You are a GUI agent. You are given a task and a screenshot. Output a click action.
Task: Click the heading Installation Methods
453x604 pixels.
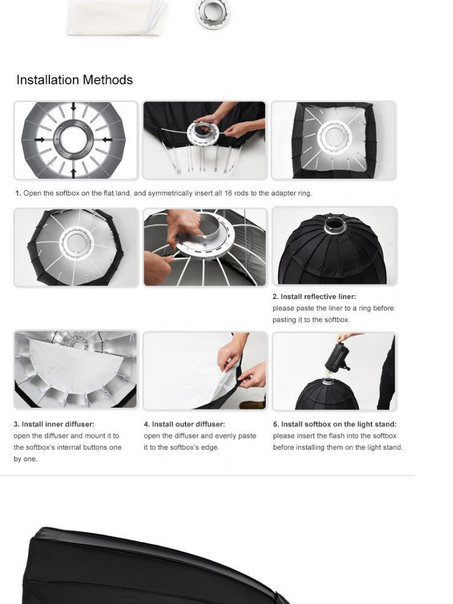point(74,80)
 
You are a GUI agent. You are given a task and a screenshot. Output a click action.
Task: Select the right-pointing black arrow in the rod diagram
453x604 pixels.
point(40,140)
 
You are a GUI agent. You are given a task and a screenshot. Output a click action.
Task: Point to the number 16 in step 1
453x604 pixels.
point(228,193)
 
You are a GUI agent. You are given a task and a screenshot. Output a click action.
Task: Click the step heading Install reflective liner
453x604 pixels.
point(314,297)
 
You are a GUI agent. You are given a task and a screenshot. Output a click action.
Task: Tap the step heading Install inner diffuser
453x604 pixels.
point(54,424)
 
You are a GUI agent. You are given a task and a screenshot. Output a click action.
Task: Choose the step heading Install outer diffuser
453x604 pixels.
point(184,424)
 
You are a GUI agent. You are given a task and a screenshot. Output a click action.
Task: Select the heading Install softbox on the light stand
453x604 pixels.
point(335,424)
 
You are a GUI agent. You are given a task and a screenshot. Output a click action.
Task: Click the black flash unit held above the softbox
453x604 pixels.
point(338,357)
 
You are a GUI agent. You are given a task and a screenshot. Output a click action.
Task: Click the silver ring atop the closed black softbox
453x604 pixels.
point(332,226)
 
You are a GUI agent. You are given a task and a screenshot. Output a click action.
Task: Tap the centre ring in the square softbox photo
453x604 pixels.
point(333,137)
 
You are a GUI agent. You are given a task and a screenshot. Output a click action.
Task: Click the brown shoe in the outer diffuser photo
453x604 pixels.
point(252,405)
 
